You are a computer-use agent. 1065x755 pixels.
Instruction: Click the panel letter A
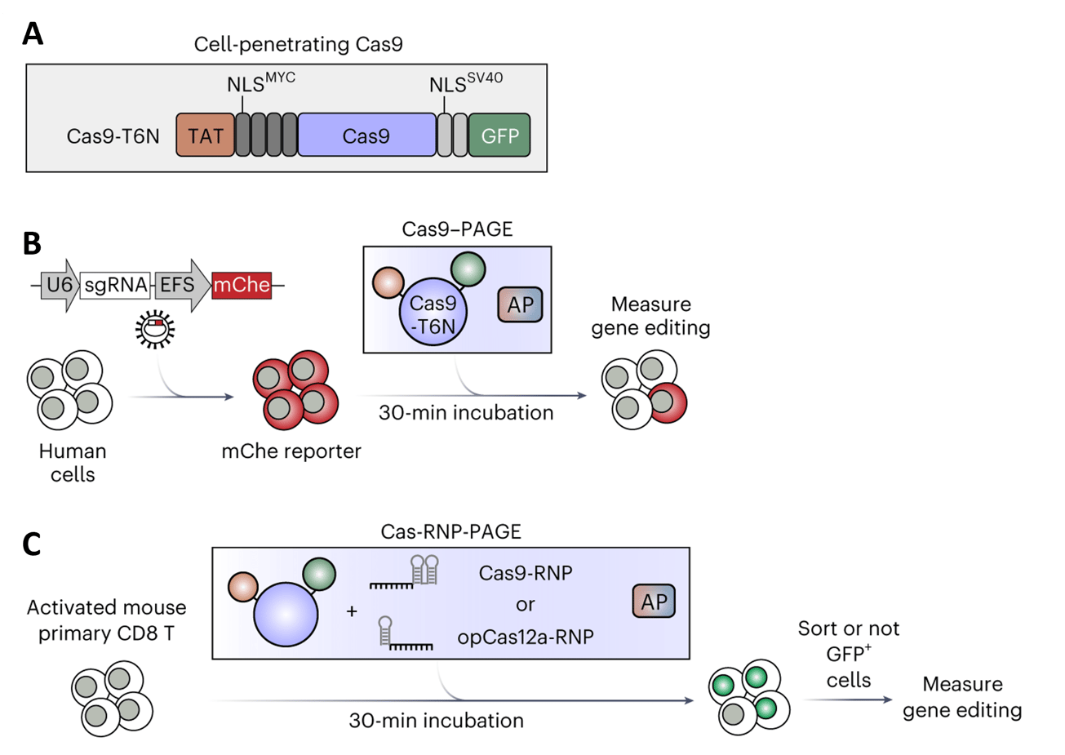point(33,34)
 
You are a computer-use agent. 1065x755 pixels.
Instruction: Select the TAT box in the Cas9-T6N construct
point(205,135)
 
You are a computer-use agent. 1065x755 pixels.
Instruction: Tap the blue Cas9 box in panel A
point(366,135)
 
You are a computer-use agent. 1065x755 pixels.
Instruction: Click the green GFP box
point(499,135)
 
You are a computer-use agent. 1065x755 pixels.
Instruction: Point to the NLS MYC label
point(260,82)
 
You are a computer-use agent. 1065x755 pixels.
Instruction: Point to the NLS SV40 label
point(465,82)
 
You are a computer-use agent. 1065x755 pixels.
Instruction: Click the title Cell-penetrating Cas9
point(298,44)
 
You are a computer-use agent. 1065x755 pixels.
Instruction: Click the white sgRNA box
point(116,285)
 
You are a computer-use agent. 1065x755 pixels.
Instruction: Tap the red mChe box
point(242,285)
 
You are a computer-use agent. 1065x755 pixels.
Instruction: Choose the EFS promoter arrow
point(180,285)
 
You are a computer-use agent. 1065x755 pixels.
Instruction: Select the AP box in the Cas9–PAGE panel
point(520,305)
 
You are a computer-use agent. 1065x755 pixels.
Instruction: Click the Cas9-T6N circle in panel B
point(433,314)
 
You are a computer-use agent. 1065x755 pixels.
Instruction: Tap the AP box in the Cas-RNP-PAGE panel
point(654,602)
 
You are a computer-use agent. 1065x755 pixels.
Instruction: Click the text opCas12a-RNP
point(525,637)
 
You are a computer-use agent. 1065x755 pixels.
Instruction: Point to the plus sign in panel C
point(352,611)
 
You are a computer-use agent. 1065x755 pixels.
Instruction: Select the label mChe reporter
point(291,451)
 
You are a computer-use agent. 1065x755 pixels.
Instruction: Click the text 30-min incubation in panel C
point(436,721)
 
